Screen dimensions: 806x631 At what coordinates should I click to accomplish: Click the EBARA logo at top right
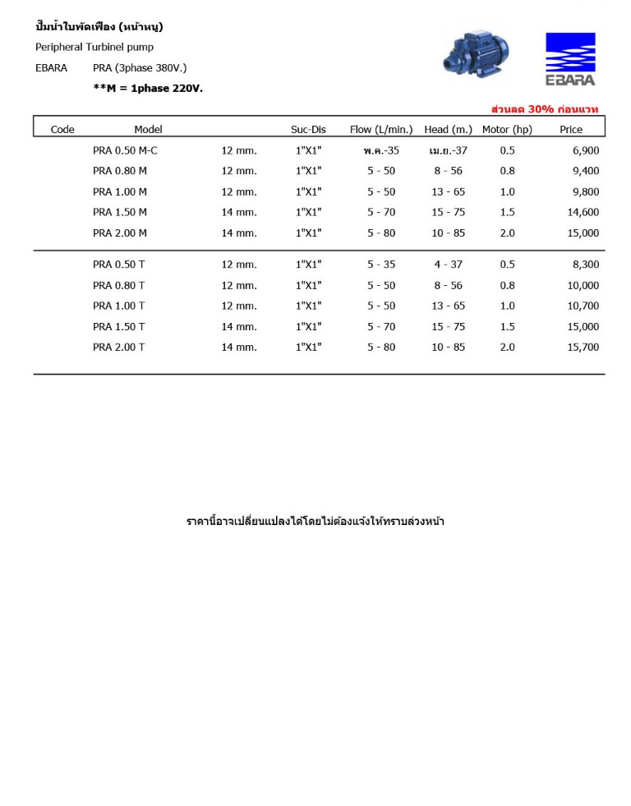click(570, 58)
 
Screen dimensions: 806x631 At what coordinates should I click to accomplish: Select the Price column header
click(571, 130)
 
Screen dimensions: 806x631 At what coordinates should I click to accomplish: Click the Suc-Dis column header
click(308, 130)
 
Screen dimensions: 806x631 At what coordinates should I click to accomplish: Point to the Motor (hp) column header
click(507, 130)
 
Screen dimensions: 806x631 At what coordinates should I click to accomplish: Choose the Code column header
click(62, 130)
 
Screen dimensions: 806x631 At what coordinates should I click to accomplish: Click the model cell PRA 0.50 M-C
click(125, 150)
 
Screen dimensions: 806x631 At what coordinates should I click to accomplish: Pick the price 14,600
click(583, 212)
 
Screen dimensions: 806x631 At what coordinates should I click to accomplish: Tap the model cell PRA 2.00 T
click(119, 348)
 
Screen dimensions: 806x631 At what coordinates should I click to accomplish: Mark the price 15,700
click(583, 348)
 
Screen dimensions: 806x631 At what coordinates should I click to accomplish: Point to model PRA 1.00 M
click(120, 191)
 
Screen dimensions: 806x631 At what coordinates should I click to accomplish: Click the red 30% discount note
click(545, 109)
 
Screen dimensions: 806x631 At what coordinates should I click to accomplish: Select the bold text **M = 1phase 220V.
click(148, 88)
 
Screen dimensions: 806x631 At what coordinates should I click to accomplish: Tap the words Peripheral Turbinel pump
click(94, 47)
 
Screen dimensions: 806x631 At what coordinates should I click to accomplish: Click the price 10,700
click(583, 306)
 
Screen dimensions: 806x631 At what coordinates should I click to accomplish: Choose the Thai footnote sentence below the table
click(315, 522)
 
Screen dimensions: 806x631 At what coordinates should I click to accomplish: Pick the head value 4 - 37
click(448, 265)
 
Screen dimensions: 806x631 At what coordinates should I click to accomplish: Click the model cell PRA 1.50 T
click(119, 326)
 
